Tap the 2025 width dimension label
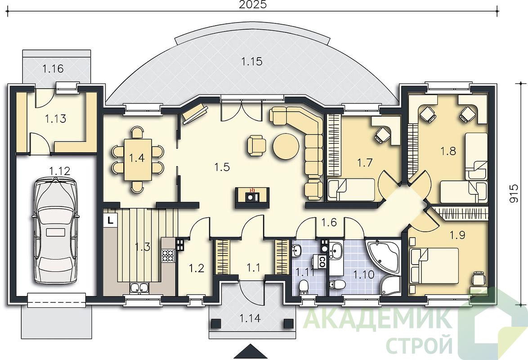tap(253, 4)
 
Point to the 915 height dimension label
tap(514, 193)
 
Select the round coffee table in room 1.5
tap(286, 147)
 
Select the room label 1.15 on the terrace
tap(252, 61)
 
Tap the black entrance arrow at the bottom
tap(251, 351)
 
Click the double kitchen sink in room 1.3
tap(140, 288)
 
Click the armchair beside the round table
tap(256, 145)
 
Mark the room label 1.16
tap(53, 69)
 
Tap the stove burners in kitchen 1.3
tap(168, 255)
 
